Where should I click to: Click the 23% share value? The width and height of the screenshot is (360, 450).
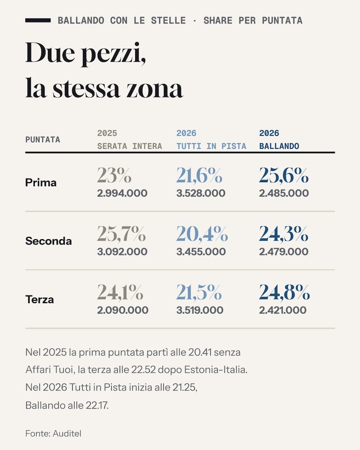[114, 175]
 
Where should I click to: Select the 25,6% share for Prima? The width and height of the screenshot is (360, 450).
[283, 175]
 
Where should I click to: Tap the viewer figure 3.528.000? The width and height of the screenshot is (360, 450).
[201, 193]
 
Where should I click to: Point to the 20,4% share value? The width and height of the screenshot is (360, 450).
[202, 234]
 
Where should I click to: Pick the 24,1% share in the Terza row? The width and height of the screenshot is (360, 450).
[120, 292]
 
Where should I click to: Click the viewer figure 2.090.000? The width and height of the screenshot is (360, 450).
[123, 310]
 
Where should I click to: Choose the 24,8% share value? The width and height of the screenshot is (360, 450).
[284, 292]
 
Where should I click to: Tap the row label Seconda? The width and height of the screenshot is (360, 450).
[48, 241]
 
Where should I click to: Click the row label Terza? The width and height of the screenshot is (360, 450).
[39, 299]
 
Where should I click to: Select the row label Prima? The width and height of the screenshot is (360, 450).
[41, 183]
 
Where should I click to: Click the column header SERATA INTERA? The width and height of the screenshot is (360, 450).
[130, 146]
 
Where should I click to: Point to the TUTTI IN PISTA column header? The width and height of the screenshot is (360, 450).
[211, 146]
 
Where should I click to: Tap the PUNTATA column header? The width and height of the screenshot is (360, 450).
[43, 140]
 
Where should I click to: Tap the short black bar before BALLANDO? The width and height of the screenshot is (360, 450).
[38, 20]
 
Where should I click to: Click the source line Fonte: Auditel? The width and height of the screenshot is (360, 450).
[53, 434]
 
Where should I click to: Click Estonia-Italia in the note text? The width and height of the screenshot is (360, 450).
[215, 370]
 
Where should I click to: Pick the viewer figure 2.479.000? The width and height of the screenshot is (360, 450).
[283, 252]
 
